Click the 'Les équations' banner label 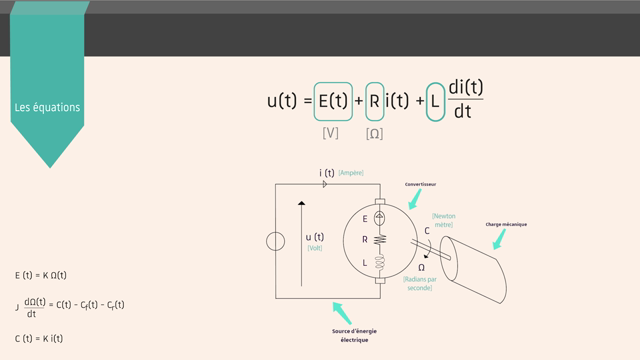click(x=48, y=107)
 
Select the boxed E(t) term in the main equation click(x=333, y=101)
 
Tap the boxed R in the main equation click(x=374, y=101)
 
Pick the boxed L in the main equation click(x=435, y=101)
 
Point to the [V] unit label click(x=331, y=132)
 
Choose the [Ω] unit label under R click(x=375, y=133)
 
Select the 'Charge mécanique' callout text click(x=506, y=225)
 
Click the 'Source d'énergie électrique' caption click(x=354, y=335)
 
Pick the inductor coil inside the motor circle click(x=380, y=263)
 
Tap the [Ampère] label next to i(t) click(x=351, y=173)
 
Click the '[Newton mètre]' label click(x=443, y=220)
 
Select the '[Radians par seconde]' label click(x=419, y=284)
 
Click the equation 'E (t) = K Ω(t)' click(x=41, y=274)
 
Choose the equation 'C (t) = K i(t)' click(x=39, y=338)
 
